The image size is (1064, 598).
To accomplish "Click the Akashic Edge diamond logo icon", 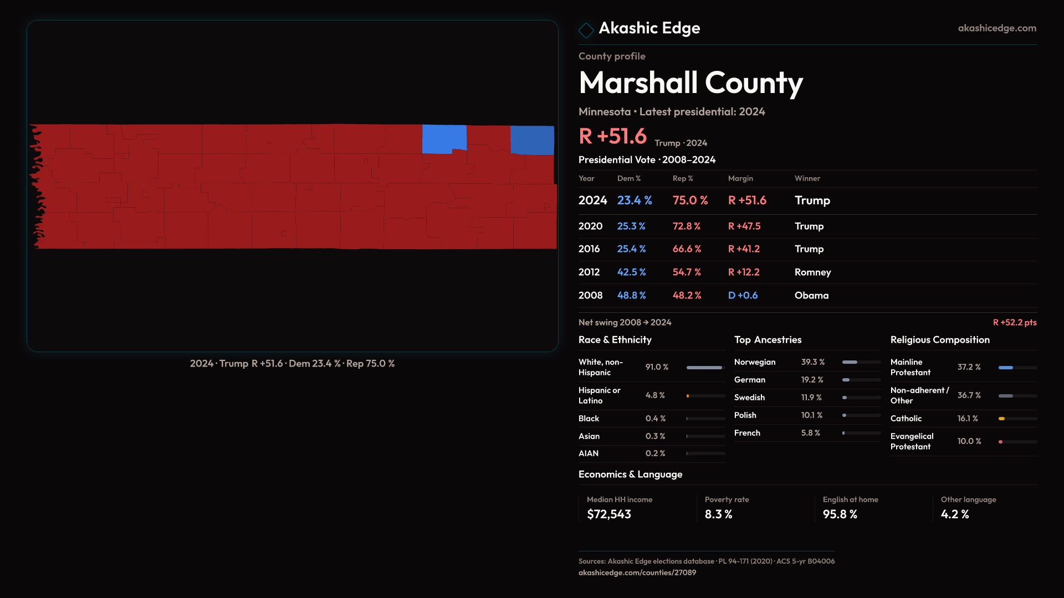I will (x=586, y=29).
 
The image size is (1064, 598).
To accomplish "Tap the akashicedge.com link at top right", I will (x=997, y=28).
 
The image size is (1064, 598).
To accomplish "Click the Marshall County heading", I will (x=690, y=83).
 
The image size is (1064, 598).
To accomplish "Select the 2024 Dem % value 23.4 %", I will (x=635, y=200).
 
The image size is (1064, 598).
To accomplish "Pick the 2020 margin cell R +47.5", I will (x=744, y=226).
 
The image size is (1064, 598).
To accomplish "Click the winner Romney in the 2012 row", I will (x=812, y=272).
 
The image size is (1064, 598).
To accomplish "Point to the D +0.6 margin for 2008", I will (x=743, y=296).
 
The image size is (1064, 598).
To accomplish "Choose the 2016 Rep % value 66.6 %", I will (x=687, y=249).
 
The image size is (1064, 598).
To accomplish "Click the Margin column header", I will (x=740, y=179).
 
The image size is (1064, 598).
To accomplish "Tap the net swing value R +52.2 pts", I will (x=1014, y=323).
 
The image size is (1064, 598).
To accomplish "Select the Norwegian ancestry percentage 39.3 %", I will (x=812, y=362).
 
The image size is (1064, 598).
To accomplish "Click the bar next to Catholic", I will (x=1017, y=419).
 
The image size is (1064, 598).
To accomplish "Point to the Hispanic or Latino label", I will (x=599, y=395).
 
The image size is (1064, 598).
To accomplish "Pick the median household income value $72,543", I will (x=608, y=514).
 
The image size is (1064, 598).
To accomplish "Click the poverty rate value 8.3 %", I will (x=718, y=514).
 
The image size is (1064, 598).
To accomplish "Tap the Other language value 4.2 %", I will (x=954, y=514).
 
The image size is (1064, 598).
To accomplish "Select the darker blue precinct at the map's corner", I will (x=532, y=140).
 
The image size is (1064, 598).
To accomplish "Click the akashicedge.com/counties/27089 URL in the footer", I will (x=637, y=573).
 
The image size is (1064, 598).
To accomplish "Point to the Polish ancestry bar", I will (x=861, y=415).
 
